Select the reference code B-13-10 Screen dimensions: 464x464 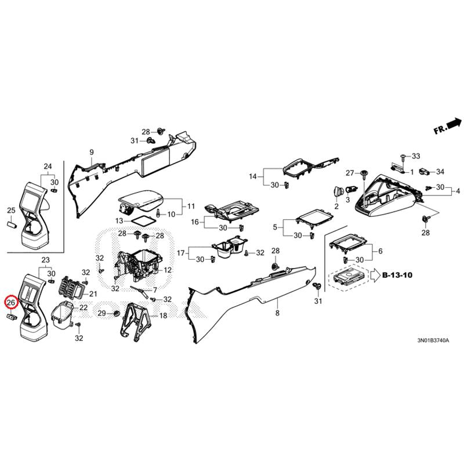pos(397,275)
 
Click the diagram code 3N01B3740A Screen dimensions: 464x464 pos(433,340)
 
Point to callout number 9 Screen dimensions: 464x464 pos(92,153)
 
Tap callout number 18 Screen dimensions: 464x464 pos(164,316)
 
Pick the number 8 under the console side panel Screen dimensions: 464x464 pos(277,313)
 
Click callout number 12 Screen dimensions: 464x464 pos(168,270)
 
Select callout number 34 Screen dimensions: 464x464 pos(440,172)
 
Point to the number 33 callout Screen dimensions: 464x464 pos(416,156)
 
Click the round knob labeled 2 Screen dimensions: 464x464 pos(338,191)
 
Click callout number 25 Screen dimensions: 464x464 pos(11,211)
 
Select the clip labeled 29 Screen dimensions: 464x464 pos(116,313)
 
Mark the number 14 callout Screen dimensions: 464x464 pos(253,177)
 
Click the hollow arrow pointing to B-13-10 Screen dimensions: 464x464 pos(375,275)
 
